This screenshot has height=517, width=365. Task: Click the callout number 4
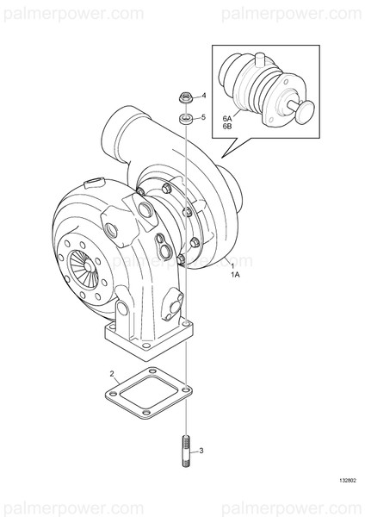[x=204, y=96]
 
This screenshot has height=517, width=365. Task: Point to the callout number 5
[x=204, y=116]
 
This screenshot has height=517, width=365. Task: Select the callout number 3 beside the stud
[x=201, y=450]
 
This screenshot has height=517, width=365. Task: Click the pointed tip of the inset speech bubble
[x=222, y=156]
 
